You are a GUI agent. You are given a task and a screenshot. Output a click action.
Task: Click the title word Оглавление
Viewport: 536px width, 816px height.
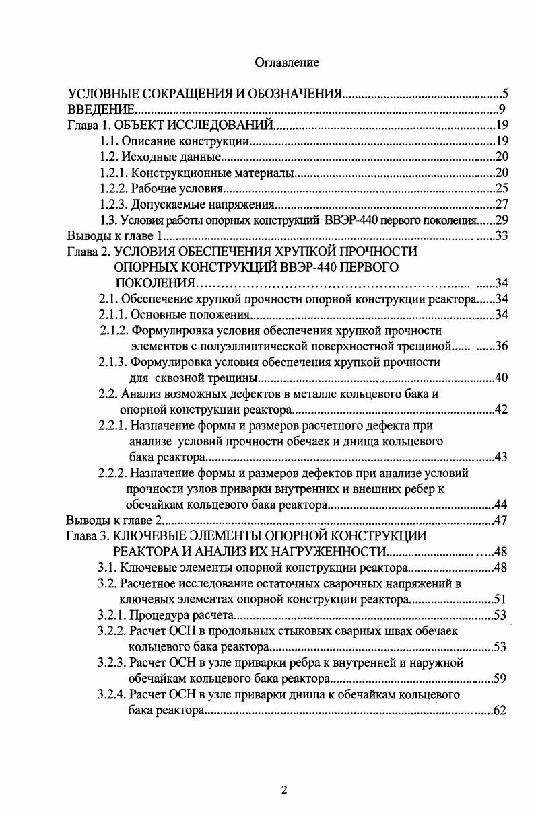(287, 62)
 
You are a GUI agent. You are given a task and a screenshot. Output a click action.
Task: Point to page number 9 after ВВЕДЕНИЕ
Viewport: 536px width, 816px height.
(502, 110)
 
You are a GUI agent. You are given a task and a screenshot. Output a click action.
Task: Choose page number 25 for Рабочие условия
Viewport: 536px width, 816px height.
(501, 189)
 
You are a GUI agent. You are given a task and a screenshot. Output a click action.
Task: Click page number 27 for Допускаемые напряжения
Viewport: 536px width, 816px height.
(501, 205)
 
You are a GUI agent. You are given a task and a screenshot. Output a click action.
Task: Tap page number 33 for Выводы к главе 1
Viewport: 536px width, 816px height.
(501, 236)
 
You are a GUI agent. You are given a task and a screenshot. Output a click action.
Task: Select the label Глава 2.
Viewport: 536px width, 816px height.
(89, 252)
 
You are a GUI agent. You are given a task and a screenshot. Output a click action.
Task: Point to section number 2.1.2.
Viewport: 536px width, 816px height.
(114, 330)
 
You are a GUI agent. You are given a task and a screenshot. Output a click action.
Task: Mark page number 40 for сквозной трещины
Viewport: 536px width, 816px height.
(501, 378)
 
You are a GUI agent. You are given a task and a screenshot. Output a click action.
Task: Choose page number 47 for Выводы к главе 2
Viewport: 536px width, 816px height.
(501, 520)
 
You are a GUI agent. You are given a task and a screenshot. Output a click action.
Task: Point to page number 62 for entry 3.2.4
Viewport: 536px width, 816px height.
(499, 710)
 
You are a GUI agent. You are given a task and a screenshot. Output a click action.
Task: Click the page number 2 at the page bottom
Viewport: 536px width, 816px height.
(284, 791)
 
